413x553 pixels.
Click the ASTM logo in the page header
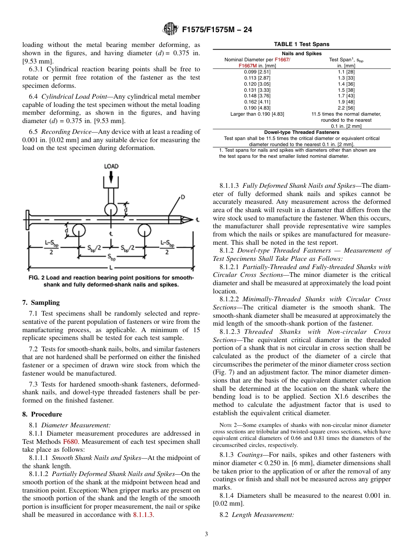click(170, 30)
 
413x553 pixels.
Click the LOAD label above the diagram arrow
click(111, 166)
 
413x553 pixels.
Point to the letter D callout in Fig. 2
click(183, 197)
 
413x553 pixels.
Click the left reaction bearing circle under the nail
click(79, 229)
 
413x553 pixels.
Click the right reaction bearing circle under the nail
click(144, 229)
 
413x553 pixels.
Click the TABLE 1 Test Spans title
click(301, 44)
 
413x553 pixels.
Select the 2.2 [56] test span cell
click(346, 108)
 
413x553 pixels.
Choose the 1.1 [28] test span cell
click(346, 71)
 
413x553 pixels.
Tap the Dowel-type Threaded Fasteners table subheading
click(301, 132)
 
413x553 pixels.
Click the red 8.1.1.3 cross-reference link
click(143, 515)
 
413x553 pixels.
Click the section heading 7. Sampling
click(41, 303)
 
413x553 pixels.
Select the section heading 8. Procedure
click(42, 414)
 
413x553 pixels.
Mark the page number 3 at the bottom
click(206, 534)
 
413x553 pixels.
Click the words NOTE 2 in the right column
click(229, 425)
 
